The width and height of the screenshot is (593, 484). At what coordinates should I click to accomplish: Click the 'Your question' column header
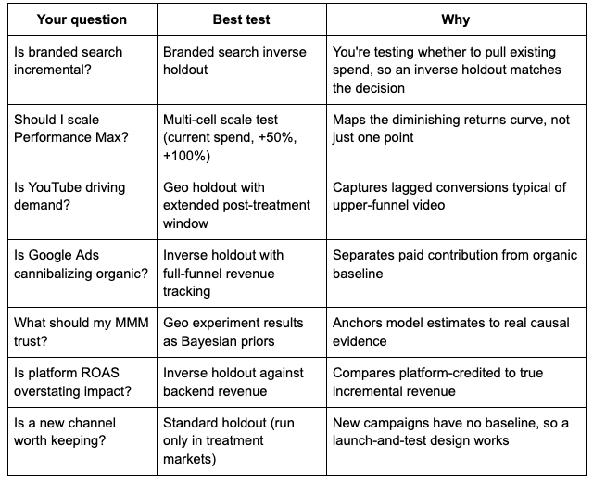pos(82,19)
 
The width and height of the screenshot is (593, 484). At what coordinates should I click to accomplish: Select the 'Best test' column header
pos(241,19)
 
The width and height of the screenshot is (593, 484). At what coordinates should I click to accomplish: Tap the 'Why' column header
pos(455,19)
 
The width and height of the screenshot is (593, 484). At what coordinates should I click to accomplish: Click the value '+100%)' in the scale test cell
pos(186,156)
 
